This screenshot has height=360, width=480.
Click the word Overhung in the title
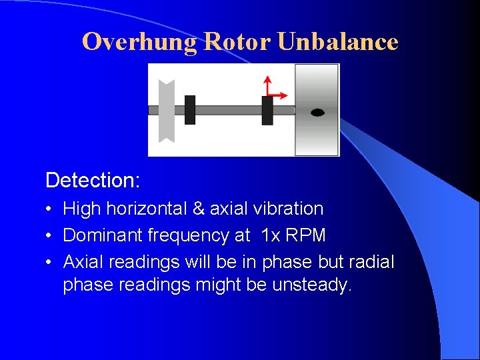click(x=140, y=42)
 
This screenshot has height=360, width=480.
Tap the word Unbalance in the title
click(x=337, y=42)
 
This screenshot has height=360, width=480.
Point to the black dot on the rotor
click(x=317, y=113)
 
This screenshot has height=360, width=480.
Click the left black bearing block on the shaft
click(x=190, y=110)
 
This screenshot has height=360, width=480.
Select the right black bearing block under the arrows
click(x=267, y=110)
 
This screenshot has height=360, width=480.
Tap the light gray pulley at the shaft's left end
click(x=166, y=111)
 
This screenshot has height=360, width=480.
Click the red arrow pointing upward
click(x=267, y=84)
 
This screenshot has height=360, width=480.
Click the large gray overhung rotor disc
click(x=317, y=133)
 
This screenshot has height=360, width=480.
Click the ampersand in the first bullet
click(x=199, y=209)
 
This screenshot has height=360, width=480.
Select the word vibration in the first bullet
click(x=288, y=209)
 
